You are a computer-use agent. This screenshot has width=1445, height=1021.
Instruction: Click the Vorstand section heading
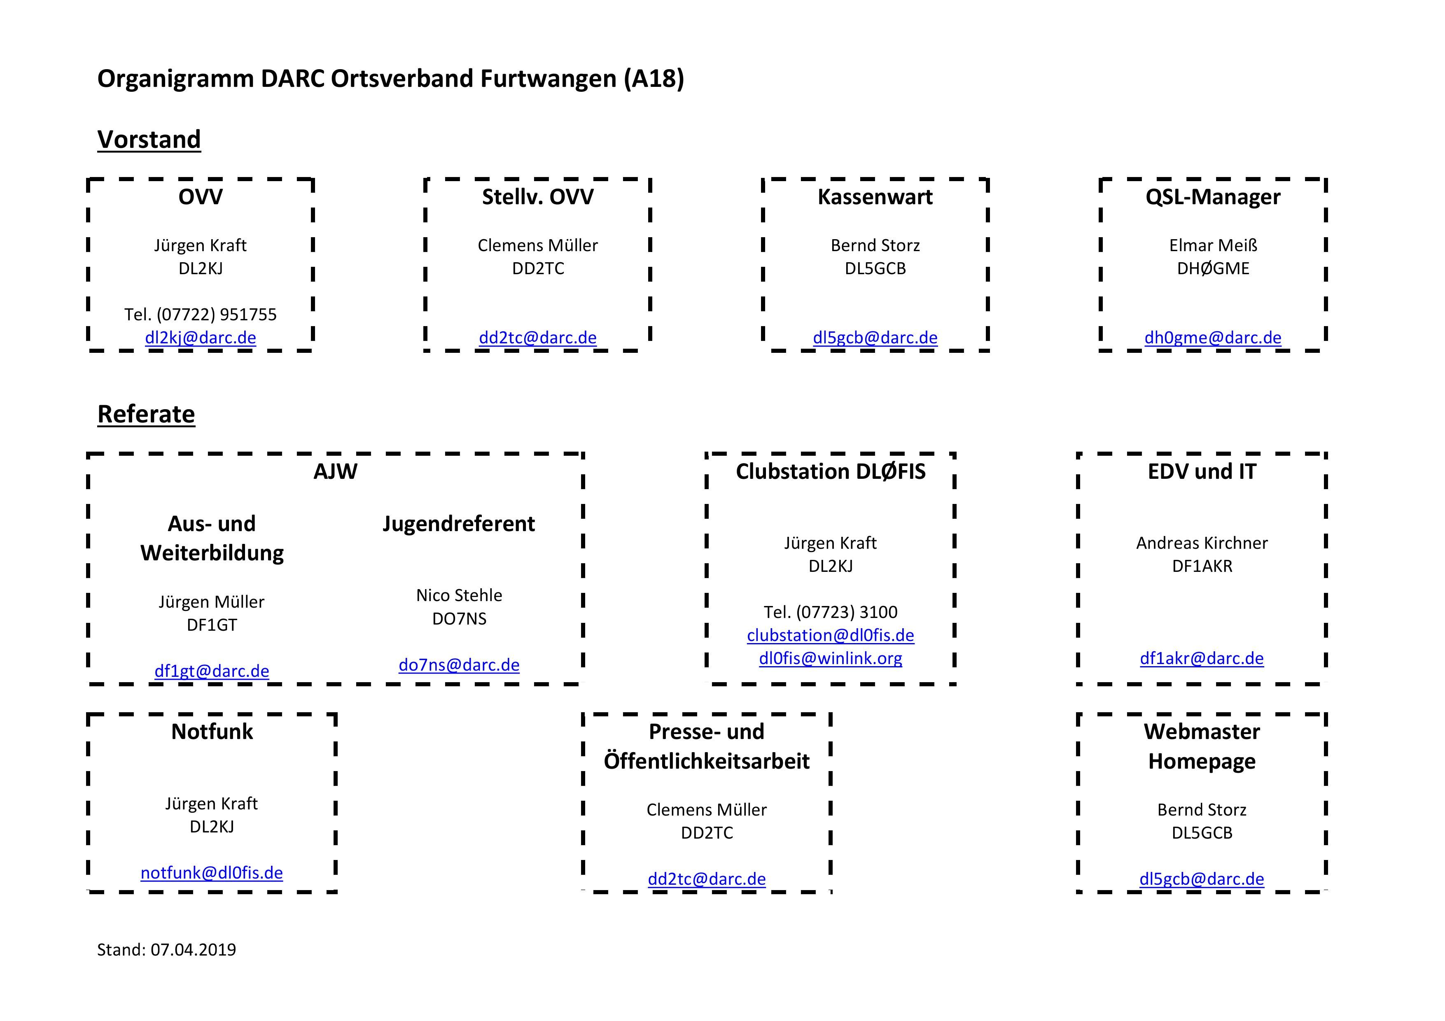149,140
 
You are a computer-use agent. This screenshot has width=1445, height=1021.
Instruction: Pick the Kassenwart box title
875,197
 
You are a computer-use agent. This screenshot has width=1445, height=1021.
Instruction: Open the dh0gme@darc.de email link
1213,338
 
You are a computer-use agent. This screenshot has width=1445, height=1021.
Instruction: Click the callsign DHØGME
1213,268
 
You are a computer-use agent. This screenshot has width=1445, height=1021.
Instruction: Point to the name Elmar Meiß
1213,245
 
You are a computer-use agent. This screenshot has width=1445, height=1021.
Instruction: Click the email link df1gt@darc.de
212,671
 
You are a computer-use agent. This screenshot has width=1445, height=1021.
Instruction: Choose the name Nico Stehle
459,595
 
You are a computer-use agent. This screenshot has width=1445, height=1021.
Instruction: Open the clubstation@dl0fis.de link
830,635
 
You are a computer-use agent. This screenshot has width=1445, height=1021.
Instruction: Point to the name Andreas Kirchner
1202,543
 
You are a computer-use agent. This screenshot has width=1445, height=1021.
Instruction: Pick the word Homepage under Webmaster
1202,761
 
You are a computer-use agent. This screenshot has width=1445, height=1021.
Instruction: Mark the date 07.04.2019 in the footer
193,950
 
